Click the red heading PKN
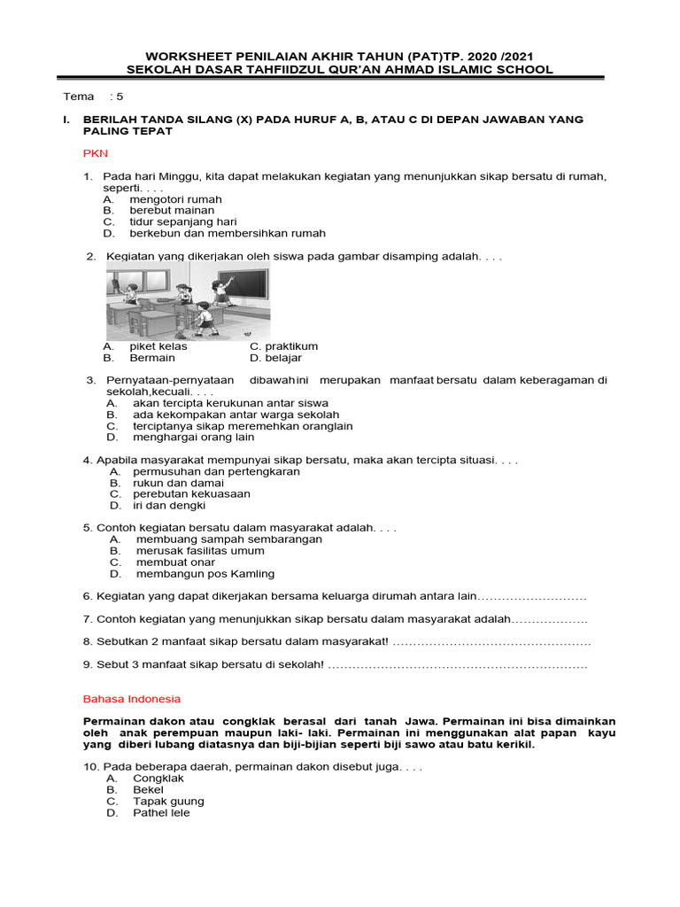[x=95, y=153]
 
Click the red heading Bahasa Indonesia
[x=131, y=698]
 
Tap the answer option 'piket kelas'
[x=158, y=346]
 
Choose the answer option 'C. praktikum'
[x=283, y=346]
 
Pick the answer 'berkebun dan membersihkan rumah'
[x=228, y=234]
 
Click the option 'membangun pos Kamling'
[x=205, y=574]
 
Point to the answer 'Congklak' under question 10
[x=158, y=779]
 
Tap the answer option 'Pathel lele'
[x=161, y=813]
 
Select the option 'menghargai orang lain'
[x=193, y=438]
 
